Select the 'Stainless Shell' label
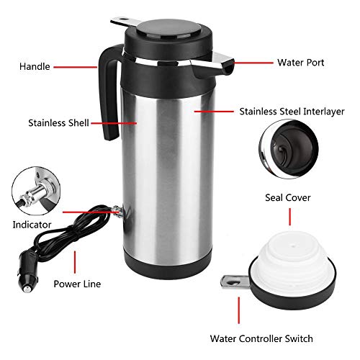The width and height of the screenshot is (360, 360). click(x=58, y=123)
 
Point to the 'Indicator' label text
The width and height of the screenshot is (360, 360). click(x=32, y=225)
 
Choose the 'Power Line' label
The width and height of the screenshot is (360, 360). click(x=77, y=284)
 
